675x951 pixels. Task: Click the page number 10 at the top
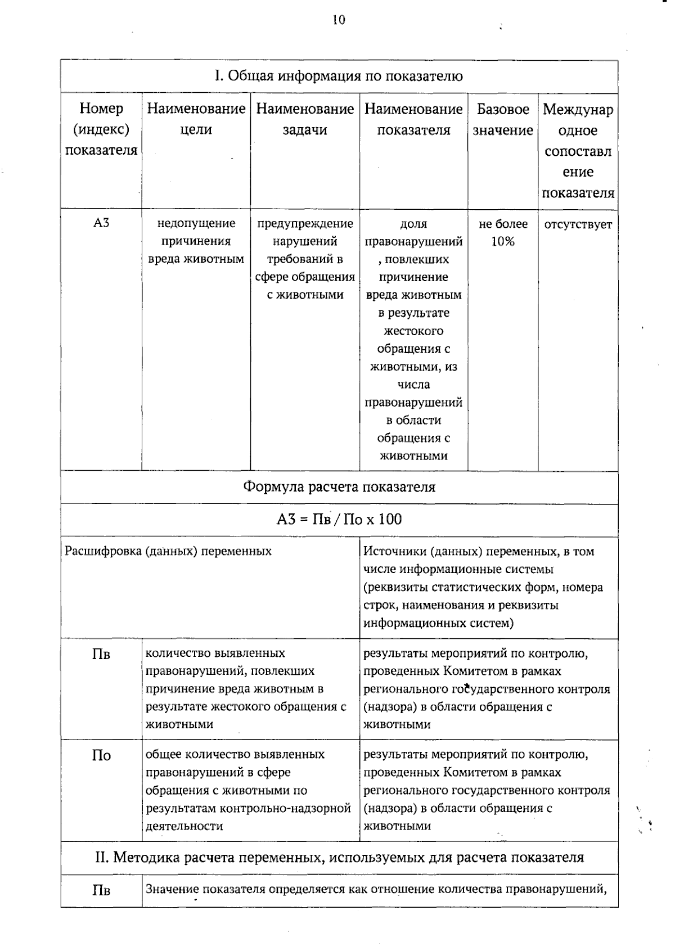click(339, 20)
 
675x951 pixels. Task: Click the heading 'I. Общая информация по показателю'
click(339, 76)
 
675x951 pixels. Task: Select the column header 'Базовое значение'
click(502, 119)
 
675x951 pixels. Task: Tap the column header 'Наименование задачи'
click(305, 119)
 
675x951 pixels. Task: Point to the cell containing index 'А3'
click(101, 223)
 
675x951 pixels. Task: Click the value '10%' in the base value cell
click(502, 242)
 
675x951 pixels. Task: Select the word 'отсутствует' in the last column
click(578, 224)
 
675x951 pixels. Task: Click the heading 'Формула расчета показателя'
click(339, 487)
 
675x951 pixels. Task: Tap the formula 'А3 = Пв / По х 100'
click(339, 519)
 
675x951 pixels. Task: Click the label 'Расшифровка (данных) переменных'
click(168, 551)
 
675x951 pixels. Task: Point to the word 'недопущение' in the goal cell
click(196, 223)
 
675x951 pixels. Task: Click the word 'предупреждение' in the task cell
click(305, 223)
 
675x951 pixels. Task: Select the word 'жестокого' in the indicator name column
click(413, 331)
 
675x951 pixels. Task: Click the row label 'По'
click(101, 755)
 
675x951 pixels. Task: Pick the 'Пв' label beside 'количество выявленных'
click(101, 654)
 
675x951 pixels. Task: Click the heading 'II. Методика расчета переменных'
click(339, 858)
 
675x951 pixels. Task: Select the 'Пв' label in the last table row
click(101, 890)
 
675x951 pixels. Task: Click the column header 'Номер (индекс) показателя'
click(101, 129)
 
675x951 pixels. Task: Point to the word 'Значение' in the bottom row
click(172, 890)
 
